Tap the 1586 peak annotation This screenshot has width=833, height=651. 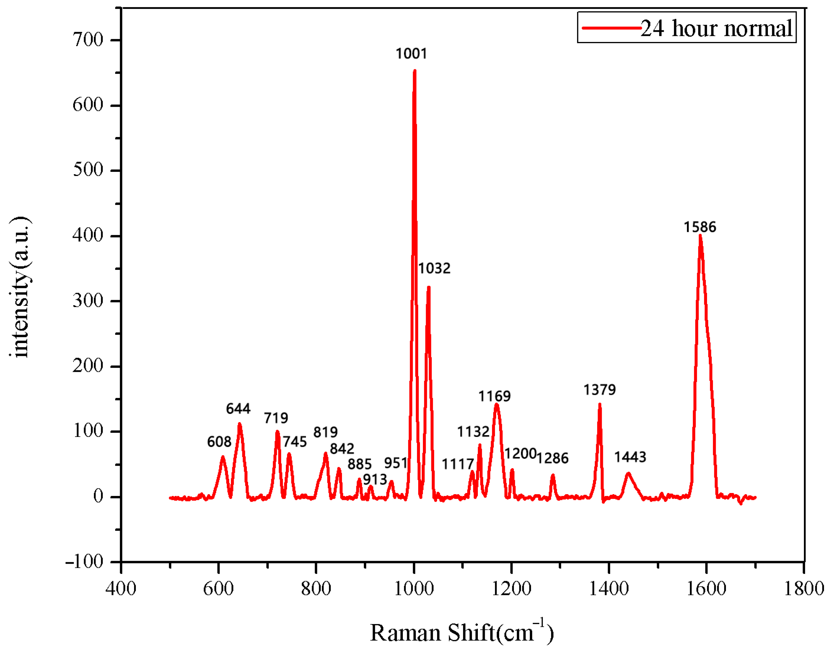[700, 227]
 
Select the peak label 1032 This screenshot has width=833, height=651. [434, 268]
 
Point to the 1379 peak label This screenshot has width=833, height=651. [599, 390]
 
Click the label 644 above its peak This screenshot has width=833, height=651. [238, 409]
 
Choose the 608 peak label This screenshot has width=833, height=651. [219, 442]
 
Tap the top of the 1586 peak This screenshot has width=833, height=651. [700, 236]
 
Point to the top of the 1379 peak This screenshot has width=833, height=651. [600, 404]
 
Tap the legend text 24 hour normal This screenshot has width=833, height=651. [716, 28]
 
